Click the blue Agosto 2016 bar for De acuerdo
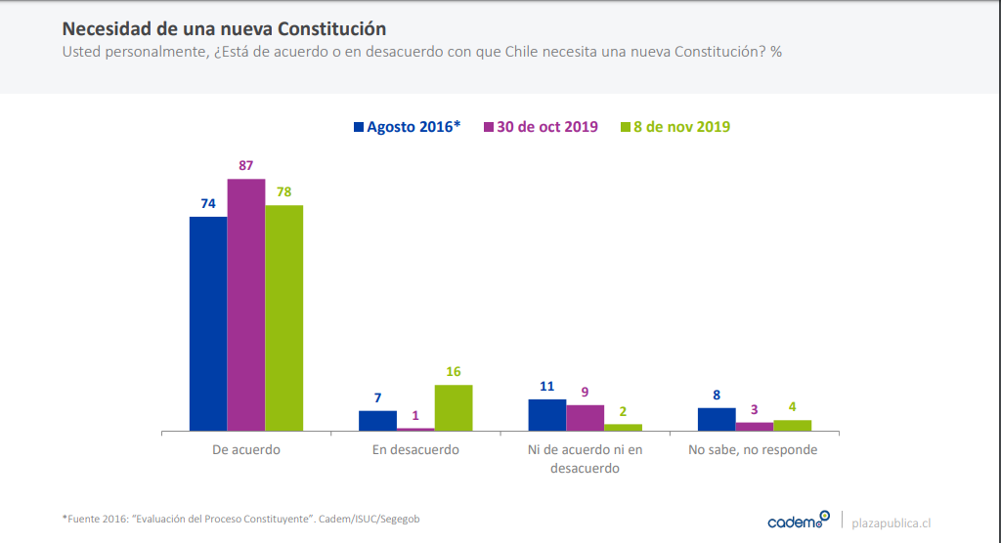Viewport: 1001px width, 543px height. coord(208,323)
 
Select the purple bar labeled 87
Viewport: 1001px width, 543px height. coord(246,304)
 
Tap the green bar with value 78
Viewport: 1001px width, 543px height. coord(284,317)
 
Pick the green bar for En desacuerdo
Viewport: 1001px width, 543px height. coord(454,407)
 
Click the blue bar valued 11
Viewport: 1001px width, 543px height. coord(547,414)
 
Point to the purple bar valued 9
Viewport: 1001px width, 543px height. coord(586,417)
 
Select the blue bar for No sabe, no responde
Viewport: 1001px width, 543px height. coord(717,419)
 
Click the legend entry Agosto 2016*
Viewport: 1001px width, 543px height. coord(407,127)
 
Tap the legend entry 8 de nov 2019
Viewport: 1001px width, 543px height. coord(675,127)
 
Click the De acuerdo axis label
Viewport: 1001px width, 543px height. coord(246,450)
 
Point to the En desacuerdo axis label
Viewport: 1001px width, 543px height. coord(415,450)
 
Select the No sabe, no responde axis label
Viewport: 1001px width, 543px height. coord(753,450)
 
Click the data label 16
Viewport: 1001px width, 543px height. coord(454,371)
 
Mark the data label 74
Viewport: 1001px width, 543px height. coord(208,203)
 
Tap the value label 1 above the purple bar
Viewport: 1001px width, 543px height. coord(415,415)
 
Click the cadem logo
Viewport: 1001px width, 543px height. coord(798,521)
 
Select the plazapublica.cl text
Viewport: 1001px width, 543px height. coord(892,522)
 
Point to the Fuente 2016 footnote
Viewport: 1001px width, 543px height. coord(240,519)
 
